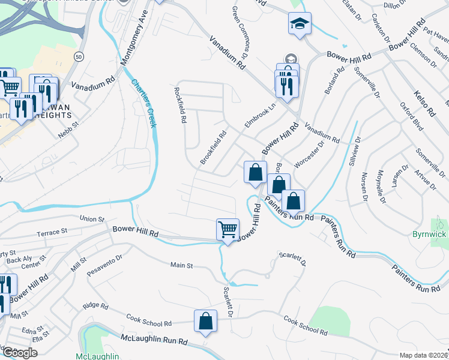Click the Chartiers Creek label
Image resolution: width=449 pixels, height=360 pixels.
pyautogui.click(x=144, y=103)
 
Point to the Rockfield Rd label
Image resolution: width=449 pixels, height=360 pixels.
pyautogui.click(x=179, y=106)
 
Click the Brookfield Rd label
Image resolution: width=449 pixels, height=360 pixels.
pyautogui.click(x=213, y=148)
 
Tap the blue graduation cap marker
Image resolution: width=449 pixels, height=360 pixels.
pyautogui.click(x=300, y=24)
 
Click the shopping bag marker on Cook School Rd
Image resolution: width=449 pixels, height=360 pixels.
pyautogui.click(x=205, y=320)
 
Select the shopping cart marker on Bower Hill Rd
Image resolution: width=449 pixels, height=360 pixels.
pyautogui.click(x=228, y=229)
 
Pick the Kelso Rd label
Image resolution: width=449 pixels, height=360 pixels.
pyautogui.click(x=423, y=103)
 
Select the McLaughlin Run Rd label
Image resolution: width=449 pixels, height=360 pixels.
pyautogui.click(x=154, y=341)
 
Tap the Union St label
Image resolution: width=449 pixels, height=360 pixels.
pyautogui.click(x=93, y=220)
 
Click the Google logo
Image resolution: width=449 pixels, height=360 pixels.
pyautogui.click(x=20, y=353)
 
